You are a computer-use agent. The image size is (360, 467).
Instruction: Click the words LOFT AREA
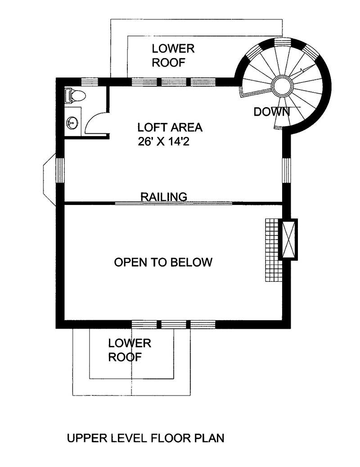click(x=170, y=127)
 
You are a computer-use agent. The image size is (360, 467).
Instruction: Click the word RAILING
click(x=164, y=197)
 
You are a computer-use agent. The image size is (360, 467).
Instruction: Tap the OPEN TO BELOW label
click(x=163, y=262)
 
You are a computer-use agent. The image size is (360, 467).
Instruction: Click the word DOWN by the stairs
click(x=272, y=112)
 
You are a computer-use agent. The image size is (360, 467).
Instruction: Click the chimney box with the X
click(x=288, y=239)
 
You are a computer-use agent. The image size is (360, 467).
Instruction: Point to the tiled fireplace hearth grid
click(x=272, y=250)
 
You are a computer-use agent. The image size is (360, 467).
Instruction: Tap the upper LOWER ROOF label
click(x=173, y=55)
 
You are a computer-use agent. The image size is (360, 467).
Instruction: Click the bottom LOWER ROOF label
click(x=130, y=350)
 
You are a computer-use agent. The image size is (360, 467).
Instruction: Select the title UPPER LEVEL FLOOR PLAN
click(x=145, y=438)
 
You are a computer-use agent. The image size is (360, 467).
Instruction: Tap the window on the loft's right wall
click(x=286, y=170)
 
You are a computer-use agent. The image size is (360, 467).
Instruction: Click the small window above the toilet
click(x=90, y=82)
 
